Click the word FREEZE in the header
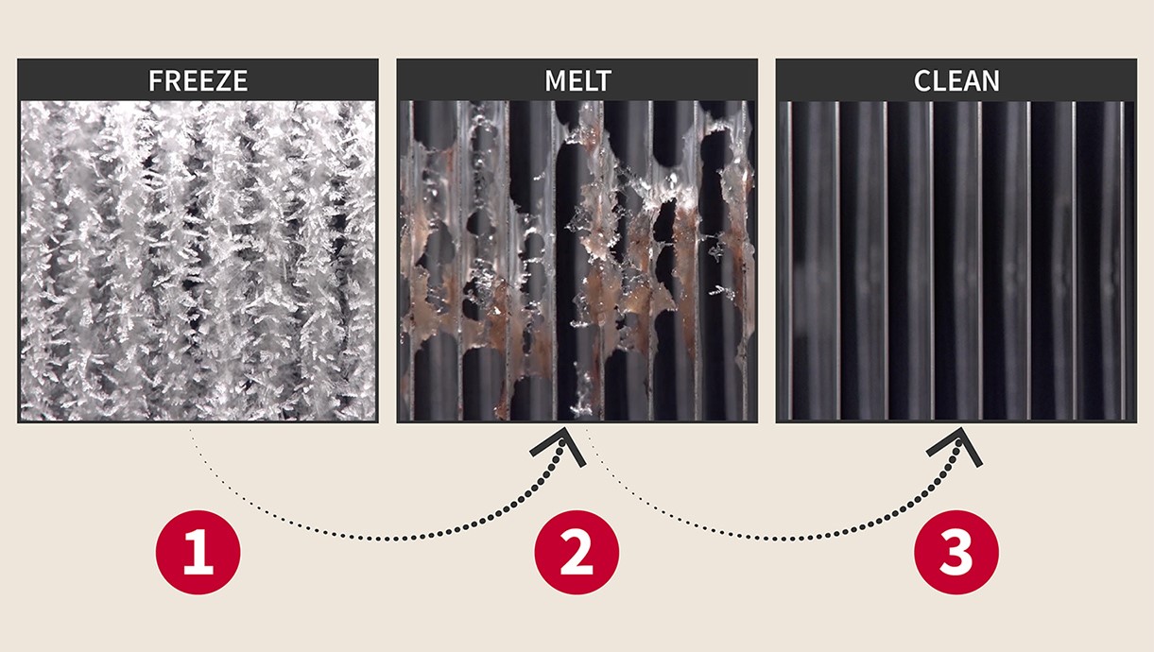point(198,80)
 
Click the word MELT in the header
point(577,80)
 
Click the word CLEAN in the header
point(956,80)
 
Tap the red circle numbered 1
point(198,553)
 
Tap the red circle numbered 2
point(577,553)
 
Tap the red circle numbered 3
point(956,553)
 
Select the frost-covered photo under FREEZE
point(198,260)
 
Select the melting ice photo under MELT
point(577,260)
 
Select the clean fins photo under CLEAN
point(956,260)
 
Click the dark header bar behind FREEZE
point(76,79)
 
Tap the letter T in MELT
point(603,80)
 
